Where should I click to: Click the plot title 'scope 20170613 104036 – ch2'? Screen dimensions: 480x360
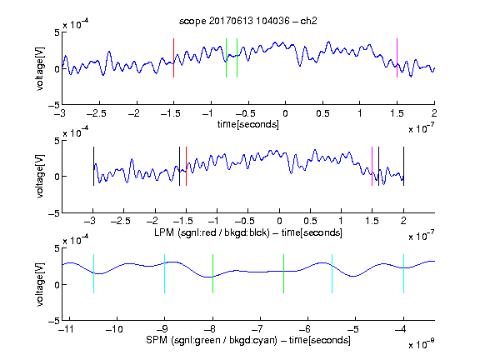pyautogui.click(x=248, y=21)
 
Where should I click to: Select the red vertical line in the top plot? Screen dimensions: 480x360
pyautogui.click(x=173, y=57)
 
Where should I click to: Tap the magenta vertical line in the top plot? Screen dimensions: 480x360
pyautogui.click(x=397, y=57)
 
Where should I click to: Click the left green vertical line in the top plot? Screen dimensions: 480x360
pyautogui.click(x=226, y=57)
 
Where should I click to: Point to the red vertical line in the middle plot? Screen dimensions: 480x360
pyautogui.click(x=186, y=166)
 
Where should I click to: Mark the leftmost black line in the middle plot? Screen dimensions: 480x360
pyautogui.click(x=93, y=166)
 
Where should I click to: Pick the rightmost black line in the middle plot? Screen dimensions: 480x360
pyautogui.click(x=403, y=166)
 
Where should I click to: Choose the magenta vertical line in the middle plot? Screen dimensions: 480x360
pyautogui.click(x=372, y=166)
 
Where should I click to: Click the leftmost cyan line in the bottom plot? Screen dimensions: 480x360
pyautogui.click(x=93, y=273)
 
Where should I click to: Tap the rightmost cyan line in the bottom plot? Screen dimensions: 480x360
pyautogui.click(x=403, y=273)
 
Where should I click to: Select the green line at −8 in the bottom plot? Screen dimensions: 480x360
pyautogui.click(x=212, y=273)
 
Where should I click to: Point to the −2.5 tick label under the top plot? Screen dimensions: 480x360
pyautogui.click(x=97, y=113)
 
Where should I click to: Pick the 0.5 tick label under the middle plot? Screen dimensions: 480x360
pyautogui.click(x=310, y=221)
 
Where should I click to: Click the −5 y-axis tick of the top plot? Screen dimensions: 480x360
pyautogui.click(x=54, y=105)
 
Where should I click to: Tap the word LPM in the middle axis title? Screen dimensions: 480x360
pyautogui.click(x=164, y=232)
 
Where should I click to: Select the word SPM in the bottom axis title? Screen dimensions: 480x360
pyautogui.click(x=157, y=340)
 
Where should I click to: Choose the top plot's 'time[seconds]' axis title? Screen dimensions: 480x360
pyautogui.click(x=248, y=124)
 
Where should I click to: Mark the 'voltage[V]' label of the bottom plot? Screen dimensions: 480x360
pyautogui.click(x=40, y=284)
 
